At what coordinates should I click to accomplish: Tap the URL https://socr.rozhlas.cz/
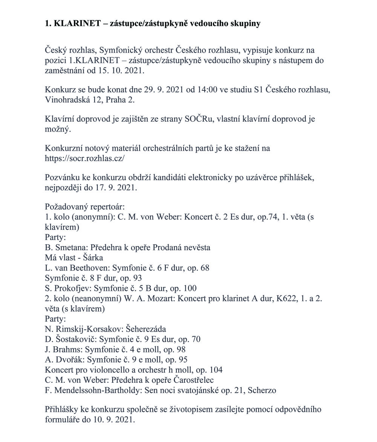coord(84,158)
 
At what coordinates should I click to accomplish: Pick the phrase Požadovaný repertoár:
coord(84,207)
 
